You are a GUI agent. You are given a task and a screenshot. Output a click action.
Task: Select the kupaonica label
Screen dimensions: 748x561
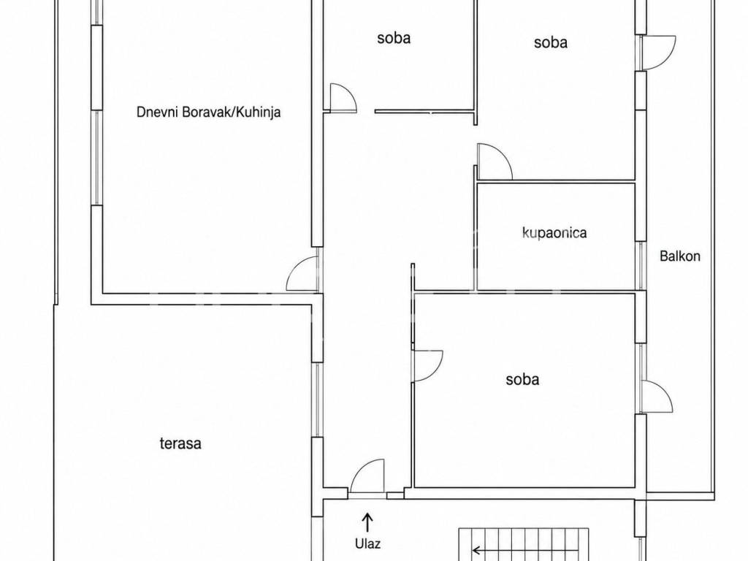tap(554, 233)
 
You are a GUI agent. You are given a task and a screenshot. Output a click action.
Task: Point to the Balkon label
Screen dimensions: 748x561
tap(680, 256)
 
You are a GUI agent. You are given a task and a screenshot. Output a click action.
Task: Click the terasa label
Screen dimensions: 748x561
tap(180, 443)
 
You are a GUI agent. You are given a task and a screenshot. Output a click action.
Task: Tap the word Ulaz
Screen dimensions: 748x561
tap(367, 543)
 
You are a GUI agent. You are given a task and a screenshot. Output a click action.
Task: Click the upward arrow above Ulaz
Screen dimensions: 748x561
tap(367, 522)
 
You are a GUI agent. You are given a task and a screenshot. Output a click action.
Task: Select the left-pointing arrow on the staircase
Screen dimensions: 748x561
tap(496, 549)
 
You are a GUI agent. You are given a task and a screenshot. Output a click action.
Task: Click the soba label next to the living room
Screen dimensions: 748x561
tap(394, 38)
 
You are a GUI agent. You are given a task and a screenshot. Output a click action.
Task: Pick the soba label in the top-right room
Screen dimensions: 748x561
tap(551, 42)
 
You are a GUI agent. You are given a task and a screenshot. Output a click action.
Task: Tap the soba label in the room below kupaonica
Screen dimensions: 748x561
tap(522, 380)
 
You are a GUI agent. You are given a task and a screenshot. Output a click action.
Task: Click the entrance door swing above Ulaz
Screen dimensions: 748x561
tap(367, 476)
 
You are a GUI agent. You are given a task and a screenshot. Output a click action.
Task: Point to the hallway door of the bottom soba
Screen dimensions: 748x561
tap(427, 366)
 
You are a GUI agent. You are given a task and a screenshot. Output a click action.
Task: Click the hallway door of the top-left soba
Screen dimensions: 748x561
tap(343, 98)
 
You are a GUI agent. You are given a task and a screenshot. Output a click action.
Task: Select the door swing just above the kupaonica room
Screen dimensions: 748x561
tap(495, 161)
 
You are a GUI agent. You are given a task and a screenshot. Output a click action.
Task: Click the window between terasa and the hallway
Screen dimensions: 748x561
tap(317, 400)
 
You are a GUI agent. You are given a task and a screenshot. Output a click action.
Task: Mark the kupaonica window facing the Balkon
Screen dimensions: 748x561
tap(641, 266)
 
